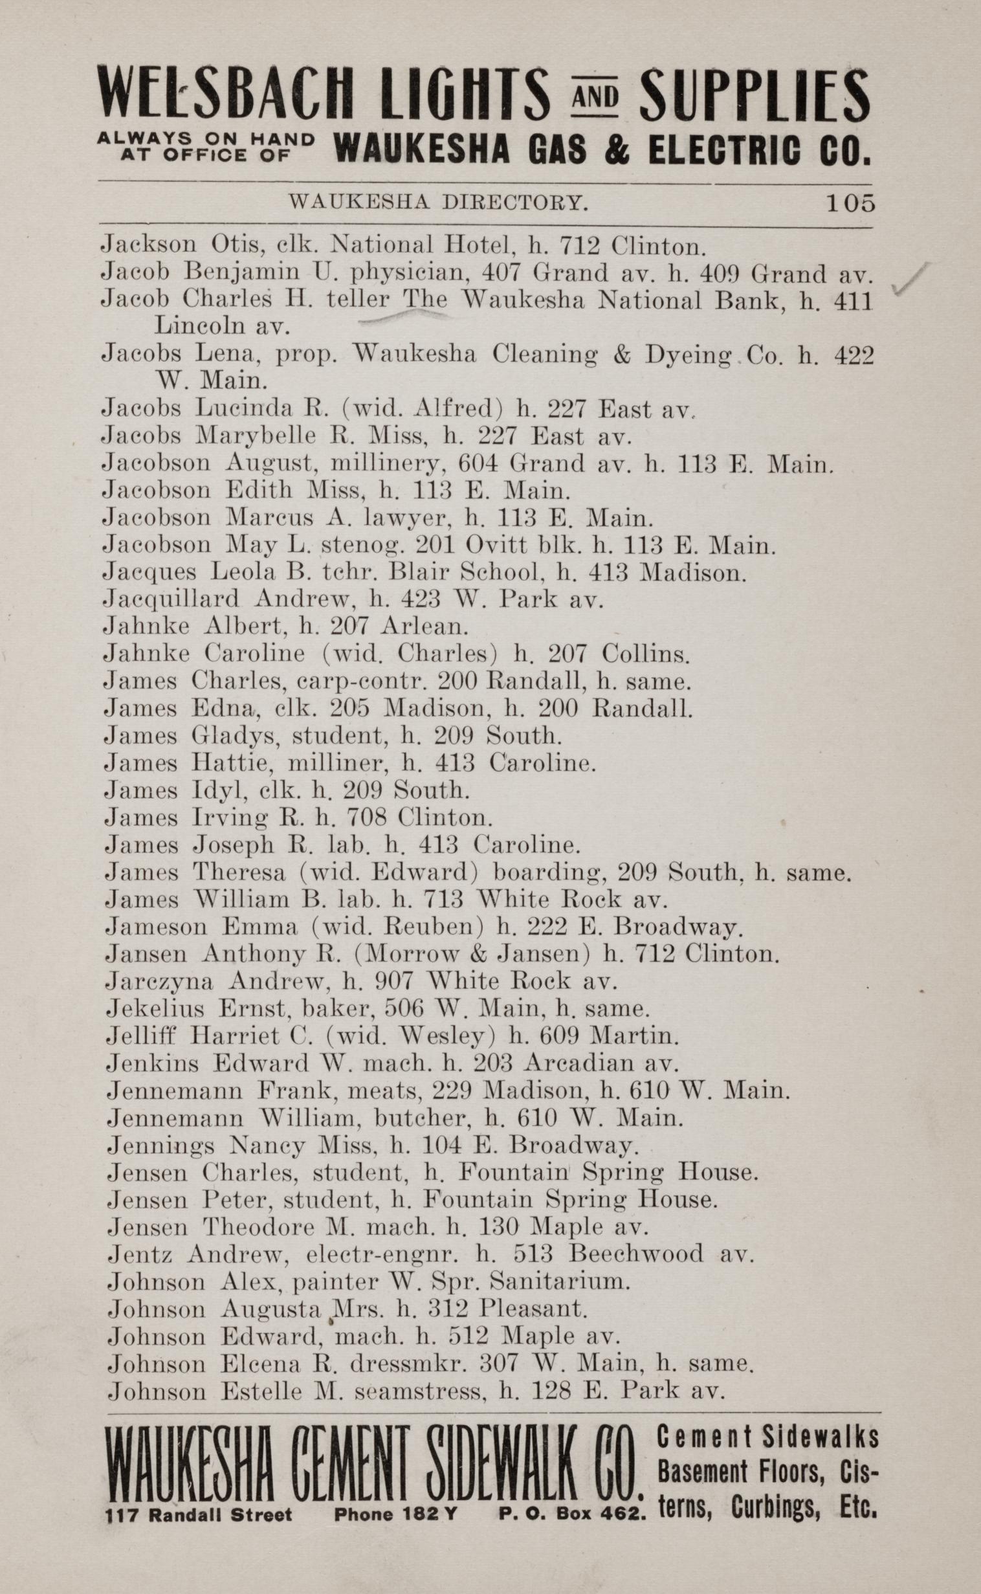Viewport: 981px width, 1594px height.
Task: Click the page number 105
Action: click(849, 203)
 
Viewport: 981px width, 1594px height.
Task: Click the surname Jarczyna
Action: click(159, 982)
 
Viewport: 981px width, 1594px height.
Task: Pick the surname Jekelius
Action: click(155, 1009)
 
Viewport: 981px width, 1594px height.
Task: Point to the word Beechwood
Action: click(635, 1254)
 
